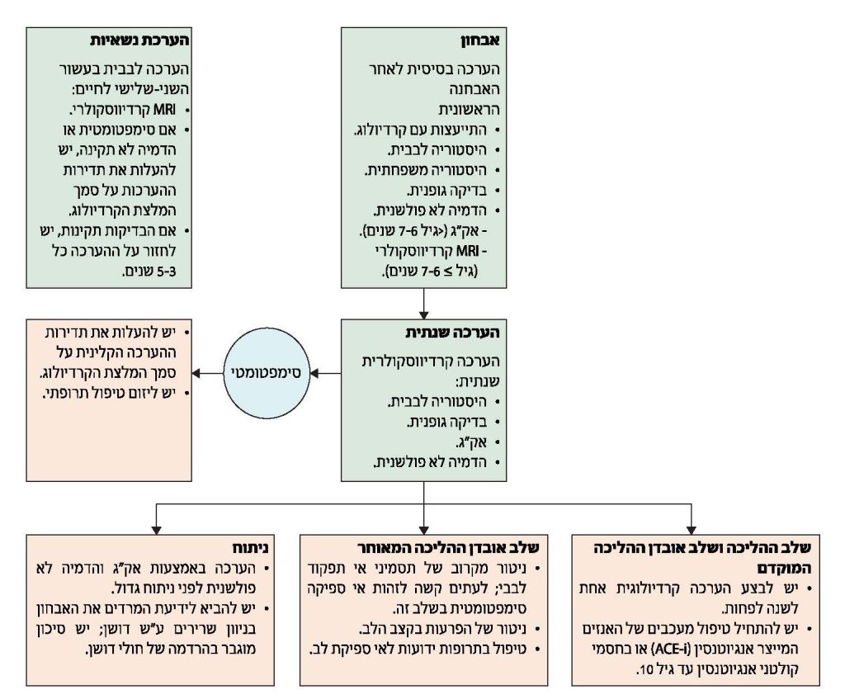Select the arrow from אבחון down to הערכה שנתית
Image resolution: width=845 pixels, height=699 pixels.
point(422,305)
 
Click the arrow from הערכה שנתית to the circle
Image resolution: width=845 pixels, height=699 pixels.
point(326,374)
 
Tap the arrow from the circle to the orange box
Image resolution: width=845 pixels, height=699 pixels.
point(214,374)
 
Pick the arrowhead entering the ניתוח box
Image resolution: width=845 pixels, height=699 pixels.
point(156,529)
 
